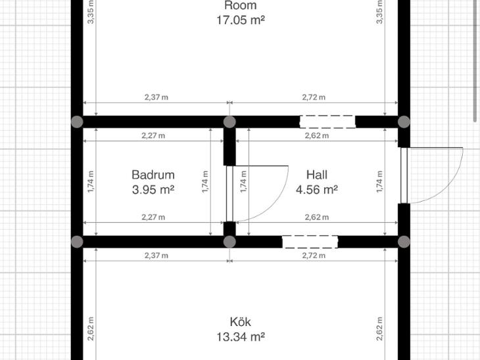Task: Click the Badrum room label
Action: click(x=153, y=175)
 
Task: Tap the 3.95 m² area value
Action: click(x=153, y=190)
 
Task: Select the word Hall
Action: click(x=317, y=175)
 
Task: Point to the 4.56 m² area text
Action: click(x=317, y=190)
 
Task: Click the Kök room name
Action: click(x=240, y=322)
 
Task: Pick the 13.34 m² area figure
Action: click(x=241, y=337)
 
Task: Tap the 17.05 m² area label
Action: click(x=241, y=20)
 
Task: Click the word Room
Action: click(x=240, y=5)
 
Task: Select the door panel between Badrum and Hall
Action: click(x=229, y=194)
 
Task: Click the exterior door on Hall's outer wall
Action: click(x=404, y=175)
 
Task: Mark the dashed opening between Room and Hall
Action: click(x=327, y=122)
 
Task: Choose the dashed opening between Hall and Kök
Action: click(x=310, y=242)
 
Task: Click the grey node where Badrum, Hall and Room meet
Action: click(x=229, y=122)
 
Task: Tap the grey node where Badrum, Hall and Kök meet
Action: click(x=229, y=242)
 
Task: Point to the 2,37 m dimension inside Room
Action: click(x=156, y=97)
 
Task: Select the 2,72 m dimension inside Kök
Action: click(x=314, y=256)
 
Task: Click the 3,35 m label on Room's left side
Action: click(x=91, y=12)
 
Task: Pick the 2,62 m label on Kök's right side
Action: click(x=379, y=329)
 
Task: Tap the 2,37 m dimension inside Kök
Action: click(x=156, y=256)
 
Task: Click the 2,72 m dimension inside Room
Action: click(x=314, y=97)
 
